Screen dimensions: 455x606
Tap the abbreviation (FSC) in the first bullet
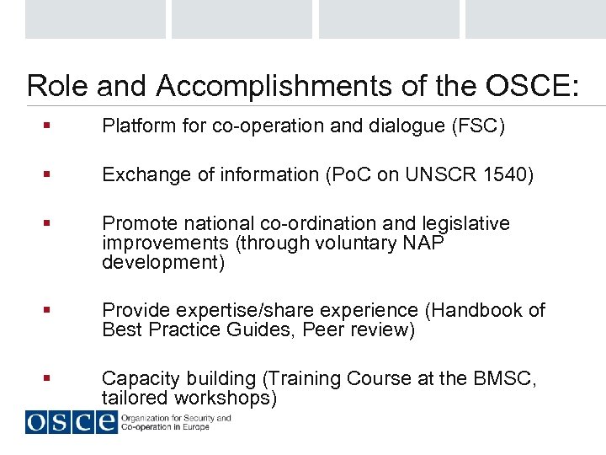coord(478,126)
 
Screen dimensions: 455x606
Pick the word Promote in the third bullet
coord(136,224)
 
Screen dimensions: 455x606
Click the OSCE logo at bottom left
coord(71,421)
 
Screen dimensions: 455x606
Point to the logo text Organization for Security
coord(177,418)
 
